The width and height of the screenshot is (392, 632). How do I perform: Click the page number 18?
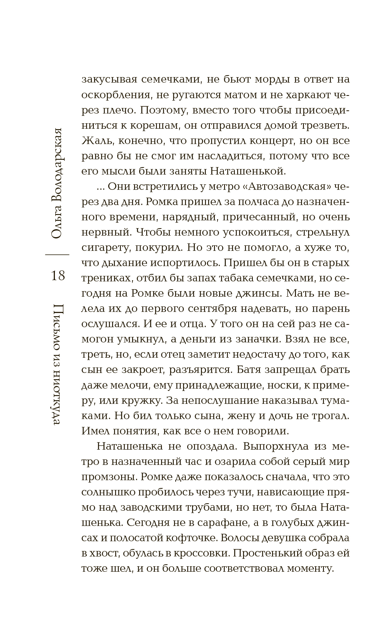58,276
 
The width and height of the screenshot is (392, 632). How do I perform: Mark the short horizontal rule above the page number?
58,255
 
